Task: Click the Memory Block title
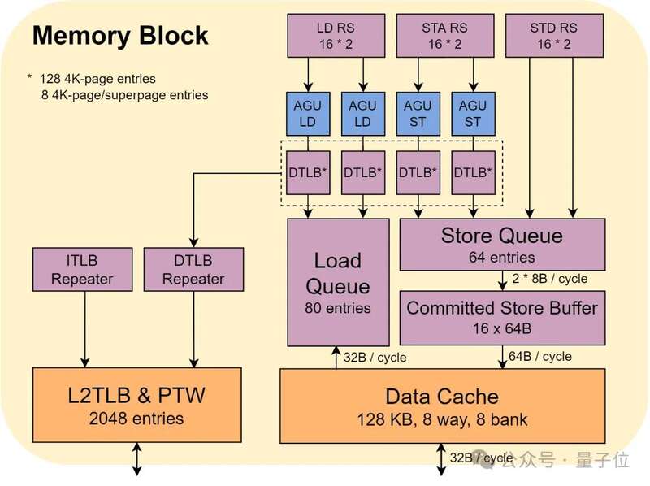(119, 36)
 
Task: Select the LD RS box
(336, 35)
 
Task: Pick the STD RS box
(553, 35)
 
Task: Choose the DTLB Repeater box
(193, 269)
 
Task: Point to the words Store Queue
(501, 236)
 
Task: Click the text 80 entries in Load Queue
(337, 308)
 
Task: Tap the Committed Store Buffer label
(501, 308)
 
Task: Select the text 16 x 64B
(501, 328)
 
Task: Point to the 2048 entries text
(136, 419)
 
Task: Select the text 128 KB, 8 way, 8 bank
(442, 420)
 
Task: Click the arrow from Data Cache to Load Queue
(336, 358)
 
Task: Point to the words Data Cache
(442, 397)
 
